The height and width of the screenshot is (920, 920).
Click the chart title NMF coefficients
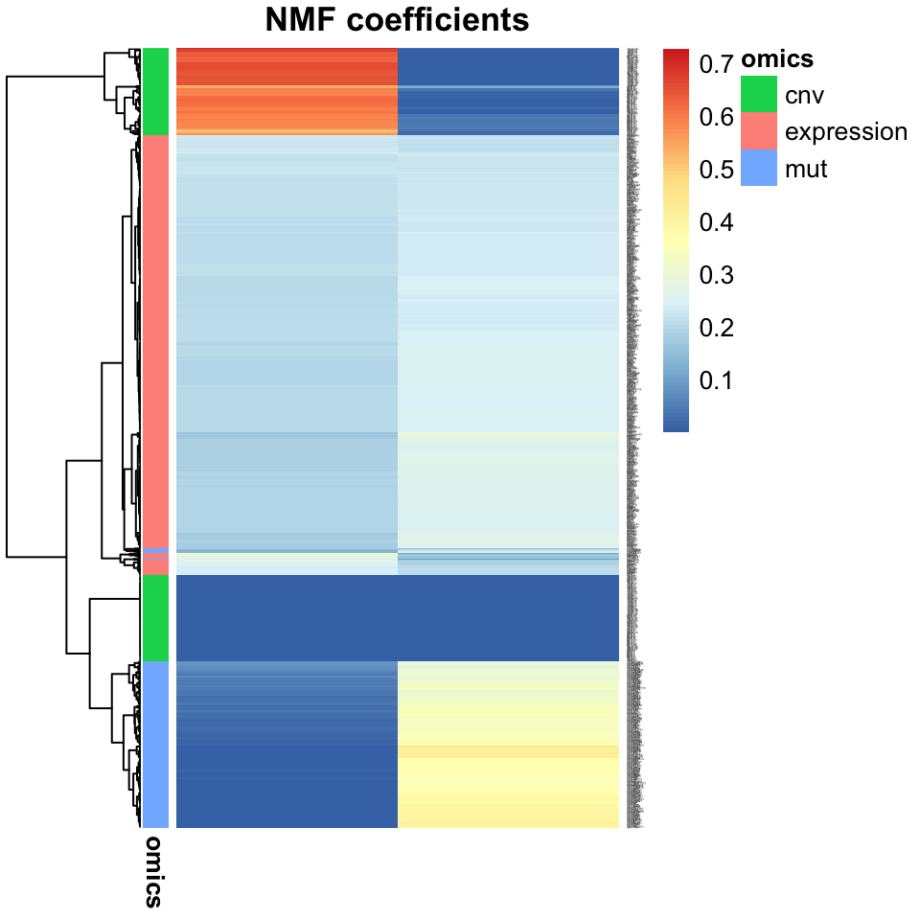[397, 20]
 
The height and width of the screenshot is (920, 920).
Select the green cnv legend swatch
[758, 95]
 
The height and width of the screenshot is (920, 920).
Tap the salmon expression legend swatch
[758, 131]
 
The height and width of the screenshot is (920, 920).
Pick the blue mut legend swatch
[758, 169]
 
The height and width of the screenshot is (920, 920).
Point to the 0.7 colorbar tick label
[716, 65]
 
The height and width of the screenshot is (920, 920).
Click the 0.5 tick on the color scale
[716, 171]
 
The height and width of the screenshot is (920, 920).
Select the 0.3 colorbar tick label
[716, 276]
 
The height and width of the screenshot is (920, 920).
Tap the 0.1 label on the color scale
[716, 381]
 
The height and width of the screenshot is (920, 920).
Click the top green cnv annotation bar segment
[155, 91]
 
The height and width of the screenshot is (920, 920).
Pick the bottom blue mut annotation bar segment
[155, 744]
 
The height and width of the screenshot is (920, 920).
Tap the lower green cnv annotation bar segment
[155, 617]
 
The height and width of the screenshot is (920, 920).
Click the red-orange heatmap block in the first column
[287, 91]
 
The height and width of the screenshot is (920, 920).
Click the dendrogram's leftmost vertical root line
[8, 316]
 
